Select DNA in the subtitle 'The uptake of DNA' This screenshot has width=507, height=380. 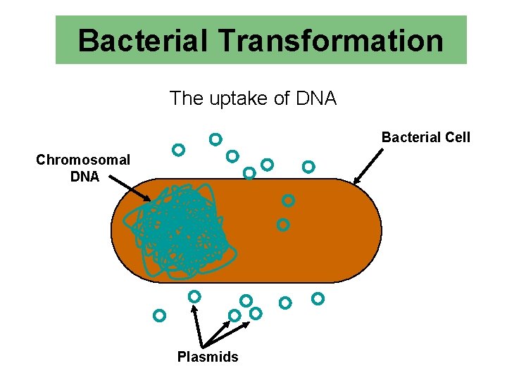pos(316,99)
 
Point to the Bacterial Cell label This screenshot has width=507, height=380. pos(425,137)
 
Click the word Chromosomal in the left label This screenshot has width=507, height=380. pos(83,160)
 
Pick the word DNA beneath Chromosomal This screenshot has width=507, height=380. pos(84,177)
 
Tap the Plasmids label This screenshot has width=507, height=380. pos(208,357)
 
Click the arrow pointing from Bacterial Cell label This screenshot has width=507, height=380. pos(368,167)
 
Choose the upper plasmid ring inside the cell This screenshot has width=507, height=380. pos(288,201)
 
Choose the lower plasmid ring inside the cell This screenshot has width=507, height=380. pos(283,225)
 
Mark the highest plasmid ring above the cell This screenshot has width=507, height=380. pos(215,139)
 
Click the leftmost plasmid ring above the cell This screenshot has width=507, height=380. pos(179,150)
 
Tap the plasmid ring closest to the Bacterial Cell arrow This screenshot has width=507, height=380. pos(308,167)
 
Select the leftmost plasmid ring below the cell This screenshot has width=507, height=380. pos(160,315)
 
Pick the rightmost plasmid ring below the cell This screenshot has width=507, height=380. pos(318,299)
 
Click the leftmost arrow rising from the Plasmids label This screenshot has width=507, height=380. pos(198,324)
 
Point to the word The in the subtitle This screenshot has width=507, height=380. pos(186,99)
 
